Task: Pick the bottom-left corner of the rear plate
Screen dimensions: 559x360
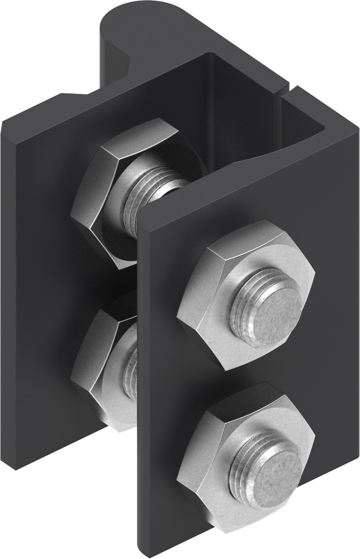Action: click(x=15, y=467)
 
